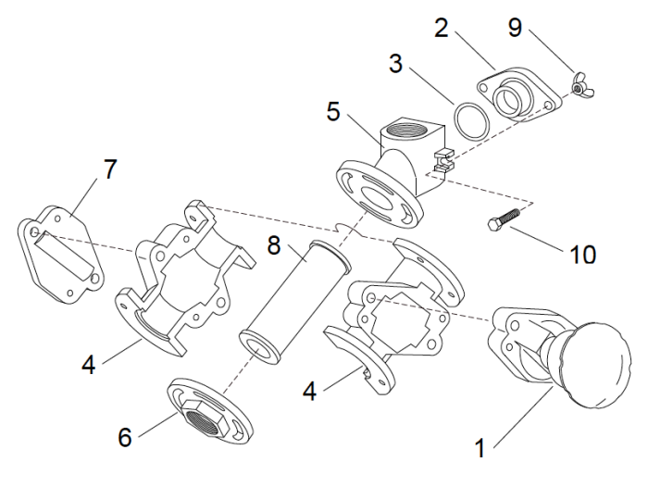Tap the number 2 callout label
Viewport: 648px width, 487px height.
click(x=442, y=28)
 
